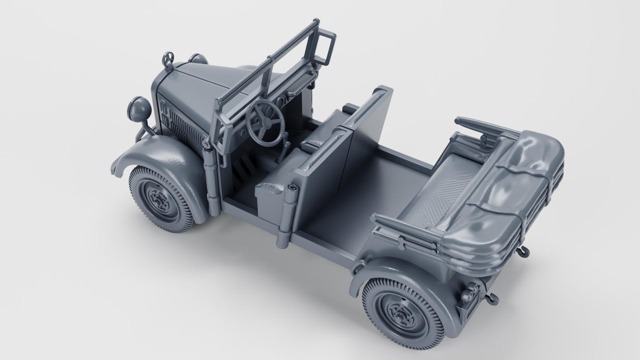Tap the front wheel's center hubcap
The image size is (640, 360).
[x=160, y=197]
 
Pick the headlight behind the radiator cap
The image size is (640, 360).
[x=196, y=58]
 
